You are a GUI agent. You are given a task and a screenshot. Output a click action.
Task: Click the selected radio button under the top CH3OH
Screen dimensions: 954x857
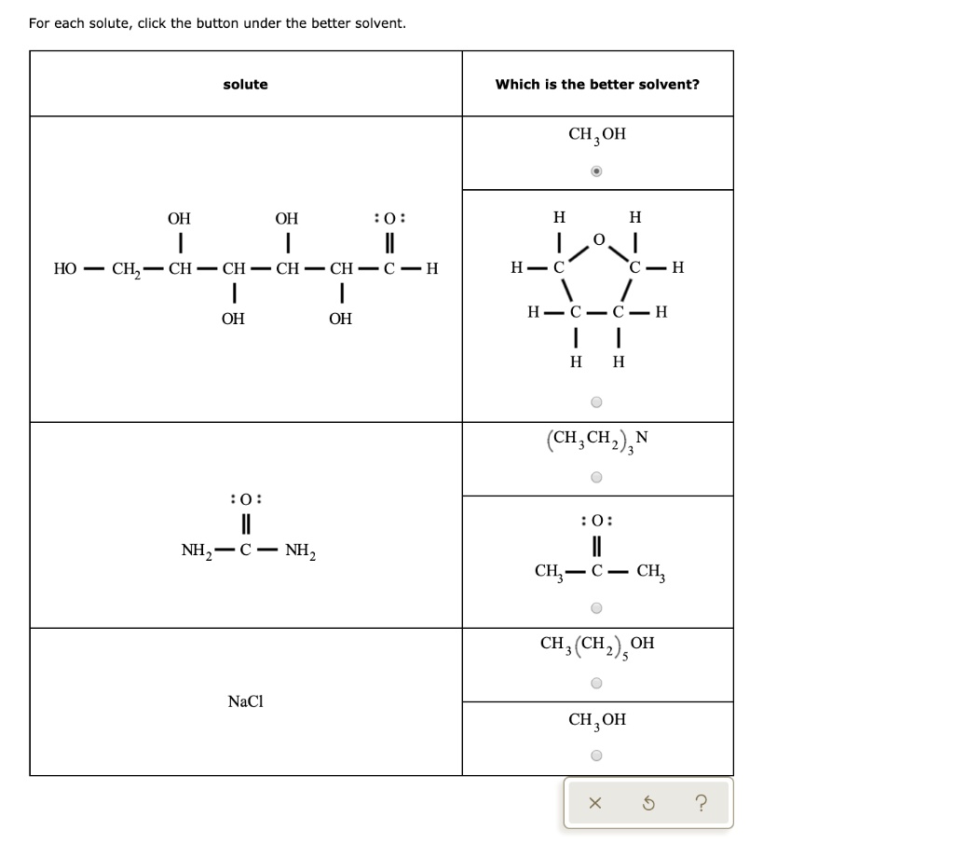[x=596, y=170]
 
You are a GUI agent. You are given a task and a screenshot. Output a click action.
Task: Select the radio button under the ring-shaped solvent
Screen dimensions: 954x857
[x=596, y=402]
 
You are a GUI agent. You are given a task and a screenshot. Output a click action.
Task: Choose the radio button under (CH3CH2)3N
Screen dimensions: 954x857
[x=596, y=477]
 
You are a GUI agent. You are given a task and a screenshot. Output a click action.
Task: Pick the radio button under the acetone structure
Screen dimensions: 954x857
[x=596, y=607]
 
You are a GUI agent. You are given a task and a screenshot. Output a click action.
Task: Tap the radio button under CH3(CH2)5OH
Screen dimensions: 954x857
[x=596, y=683]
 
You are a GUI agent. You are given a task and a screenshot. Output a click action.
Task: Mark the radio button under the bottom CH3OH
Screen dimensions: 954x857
[x=596, y=755]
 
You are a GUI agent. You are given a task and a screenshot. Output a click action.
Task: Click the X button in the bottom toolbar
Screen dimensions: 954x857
[x=595, y=804]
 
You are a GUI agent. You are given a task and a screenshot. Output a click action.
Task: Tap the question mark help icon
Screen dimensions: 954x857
[x=701, y=803]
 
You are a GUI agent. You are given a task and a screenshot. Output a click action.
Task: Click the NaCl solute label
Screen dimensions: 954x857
[x=245, y=701]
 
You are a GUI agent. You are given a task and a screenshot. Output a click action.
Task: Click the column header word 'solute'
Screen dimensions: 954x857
[x=245, y=85]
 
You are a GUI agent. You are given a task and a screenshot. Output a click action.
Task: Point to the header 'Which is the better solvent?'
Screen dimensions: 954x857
[x=597, y=85]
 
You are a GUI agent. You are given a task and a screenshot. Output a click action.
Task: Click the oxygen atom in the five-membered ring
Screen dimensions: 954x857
[x=599, y=239]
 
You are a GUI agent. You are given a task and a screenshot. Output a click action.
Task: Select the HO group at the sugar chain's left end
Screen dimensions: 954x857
[x=65, y=268]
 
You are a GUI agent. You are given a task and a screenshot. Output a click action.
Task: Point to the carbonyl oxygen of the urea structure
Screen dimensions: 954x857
[x=246, y=499]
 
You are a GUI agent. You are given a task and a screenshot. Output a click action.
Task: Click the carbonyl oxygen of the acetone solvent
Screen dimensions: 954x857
[x=597, y=521]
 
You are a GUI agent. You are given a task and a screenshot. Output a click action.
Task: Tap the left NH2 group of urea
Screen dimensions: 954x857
[x=197, y=551]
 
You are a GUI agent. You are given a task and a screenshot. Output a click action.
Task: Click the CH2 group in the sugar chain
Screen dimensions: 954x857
[x=126, y=269]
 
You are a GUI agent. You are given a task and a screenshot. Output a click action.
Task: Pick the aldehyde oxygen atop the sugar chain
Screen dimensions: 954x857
[x=390, y=218]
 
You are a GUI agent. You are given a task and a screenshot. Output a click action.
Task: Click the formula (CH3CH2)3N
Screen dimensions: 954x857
[x=597, y=440]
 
